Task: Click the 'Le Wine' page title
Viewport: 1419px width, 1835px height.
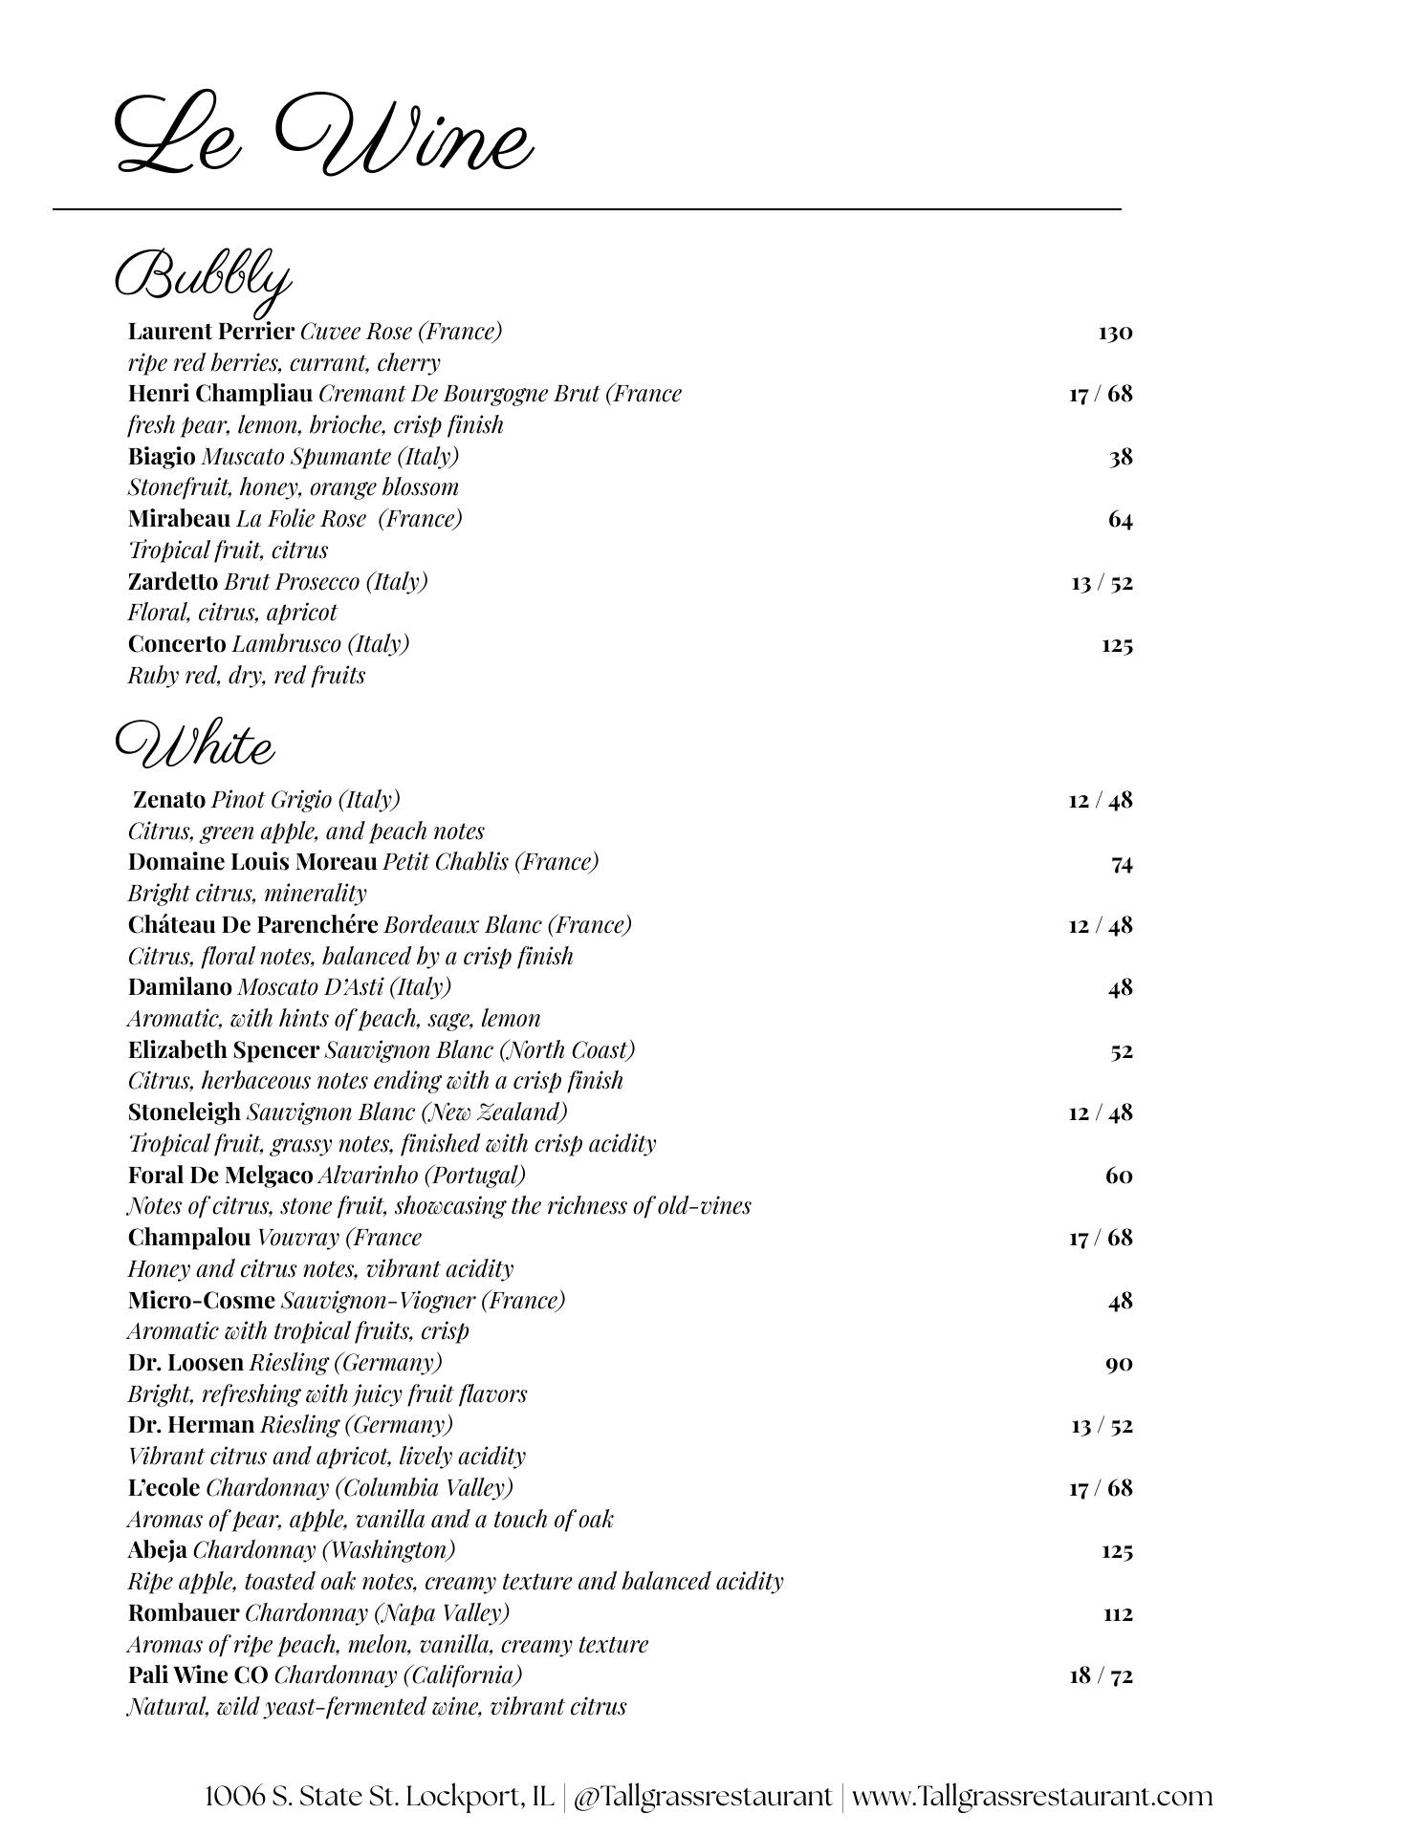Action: point(323,135)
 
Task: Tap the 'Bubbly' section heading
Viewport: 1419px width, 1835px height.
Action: point(203,277)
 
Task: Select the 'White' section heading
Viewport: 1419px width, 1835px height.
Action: point(195,745)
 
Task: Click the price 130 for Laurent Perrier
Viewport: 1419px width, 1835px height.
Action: point(1115,333)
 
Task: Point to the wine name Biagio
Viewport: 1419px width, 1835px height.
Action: point(162,457)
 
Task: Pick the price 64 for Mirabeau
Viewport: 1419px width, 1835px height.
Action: point(1120,520)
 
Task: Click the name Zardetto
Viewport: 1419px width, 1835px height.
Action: point(173,582)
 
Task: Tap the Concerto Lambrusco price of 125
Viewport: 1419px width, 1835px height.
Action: point(1117,645)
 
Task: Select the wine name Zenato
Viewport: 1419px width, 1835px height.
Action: point(169,800)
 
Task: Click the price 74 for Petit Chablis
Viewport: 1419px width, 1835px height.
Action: point(1122,864)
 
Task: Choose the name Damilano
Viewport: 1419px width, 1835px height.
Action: point(180,986)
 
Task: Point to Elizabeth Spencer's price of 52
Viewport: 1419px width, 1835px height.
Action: point(1121,1051)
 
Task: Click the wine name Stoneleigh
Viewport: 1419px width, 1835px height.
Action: point(185,1112)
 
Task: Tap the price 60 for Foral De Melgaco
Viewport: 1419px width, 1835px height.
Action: point(1119,1176)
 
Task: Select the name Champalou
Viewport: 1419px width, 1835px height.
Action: point(189,1238)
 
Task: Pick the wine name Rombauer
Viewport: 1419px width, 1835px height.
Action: point(184,1613)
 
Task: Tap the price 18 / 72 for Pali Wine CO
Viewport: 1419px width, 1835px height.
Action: point(1101,1675)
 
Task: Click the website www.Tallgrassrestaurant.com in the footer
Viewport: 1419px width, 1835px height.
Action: point(1032,1796)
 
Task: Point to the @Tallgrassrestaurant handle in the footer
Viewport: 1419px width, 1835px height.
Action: point(703,1796)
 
